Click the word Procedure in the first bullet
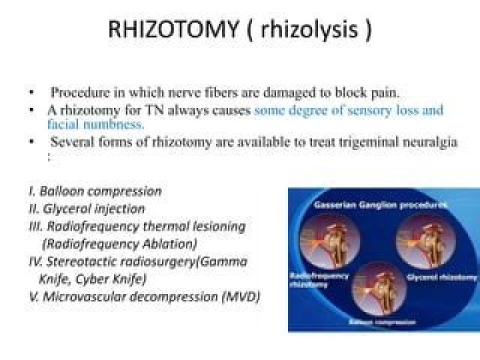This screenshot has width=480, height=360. tap(79, 92)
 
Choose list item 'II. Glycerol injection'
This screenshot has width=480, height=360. tap(87, 209)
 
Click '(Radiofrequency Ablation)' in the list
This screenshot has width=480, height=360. tap(119, 243)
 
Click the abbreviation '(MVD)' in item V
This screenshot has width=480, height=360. tap(239, 297)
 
